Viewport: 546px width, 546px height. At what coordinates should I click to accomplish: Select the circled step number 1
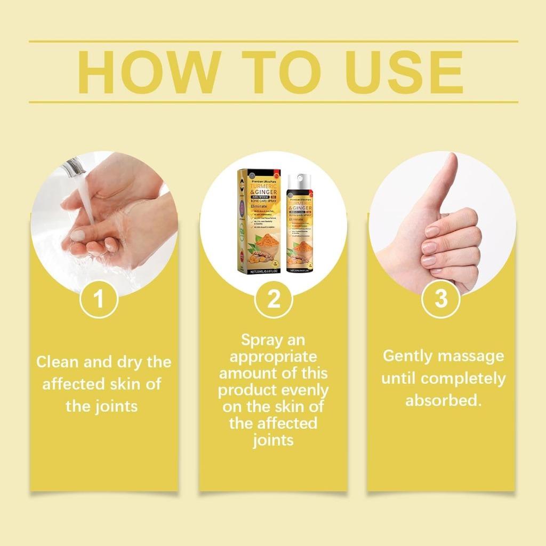(x=99, y=300)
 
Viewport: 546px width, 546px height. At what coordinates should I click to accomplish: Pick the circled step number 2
(x=273, y=300)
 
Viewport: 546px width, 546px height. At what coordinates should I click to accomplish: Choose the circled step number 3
(x=441, y=300)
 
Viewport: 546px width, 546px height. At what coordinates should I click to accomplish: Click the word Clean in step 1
(x=57, y=362)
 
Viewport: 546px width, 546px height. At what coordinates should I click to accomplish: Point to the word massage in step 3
(x=472, y=356)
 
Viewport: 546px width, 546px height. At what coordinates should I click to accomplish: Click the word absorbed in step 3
(x=443, y=400)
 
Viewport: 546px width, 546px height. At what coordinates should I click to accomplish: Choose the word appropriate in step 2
(x=273, y=356)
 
